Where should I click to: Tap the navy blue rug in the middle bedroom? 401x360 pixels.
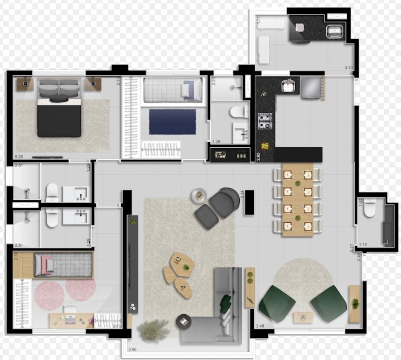pos(172,122)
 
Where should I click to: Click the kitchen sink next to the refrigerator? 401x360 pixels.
pos(289,86)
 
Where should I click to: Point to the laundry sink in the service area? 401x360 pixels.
pos(335,30)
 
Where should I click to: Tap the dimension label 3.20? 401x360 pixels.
pos(349,68)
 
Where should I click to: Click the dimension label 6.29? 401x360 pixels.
pos(19,156)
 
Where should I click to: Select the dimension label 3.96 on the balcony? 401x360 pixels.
pos(133,350)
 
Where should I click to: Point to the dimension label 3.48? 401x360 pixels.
pos(260,325)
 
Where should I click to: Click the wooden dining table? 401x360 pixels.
pos(297,200)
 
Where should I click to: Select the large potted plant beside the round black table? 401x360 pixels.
pos(153,329)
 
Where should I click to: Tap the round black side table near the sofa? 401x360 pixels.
pos(183,322)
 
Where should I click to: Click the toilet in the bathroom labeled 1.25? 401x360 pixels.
pos(238,112)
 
